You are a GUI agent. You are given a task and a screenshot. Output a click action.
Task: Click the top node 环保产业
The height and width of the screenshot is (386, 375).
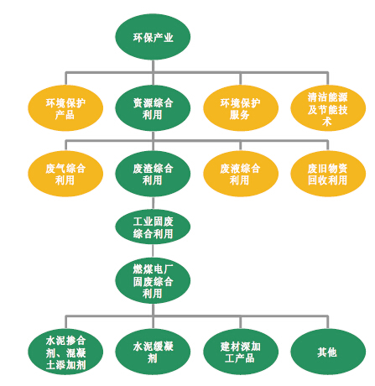[x=153, y=37]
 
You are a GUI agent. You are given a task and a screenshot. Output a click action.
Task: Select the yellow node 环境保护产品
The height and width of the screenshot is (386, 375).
[x=65, y=108]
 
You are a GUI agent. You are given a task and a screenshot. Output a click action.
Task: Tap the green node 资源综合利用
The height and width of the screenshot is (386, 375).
[x=153, y=108]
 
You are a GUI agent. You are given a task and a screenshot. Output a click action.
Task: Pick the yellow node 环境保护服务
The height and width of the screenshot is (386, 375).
[x=241, y=108]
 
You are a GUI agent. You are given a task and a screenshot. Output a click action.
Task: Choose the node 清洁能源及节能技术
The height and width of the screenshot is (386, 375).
[x=328, y=108]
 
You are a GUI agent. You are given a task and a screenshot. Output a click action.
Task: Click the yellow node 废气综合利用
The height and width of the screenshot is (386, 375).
[x=65, y=174]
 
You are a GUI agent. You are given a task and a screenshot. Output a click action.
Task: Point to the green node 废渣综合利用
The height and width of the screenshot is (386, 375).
[x=153, y=174]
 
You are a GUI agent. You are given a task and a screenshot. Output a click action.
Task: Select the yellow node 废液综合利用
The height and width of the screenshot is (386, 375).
[x=241, y=174]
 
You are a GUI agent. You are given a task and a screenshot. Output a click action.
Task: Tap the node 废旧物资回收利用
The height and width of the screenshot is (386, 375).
[x=328, y=174]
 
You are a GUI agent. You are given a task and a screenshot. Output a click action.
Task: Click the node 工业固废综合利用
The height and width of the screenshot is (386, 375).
[x=153, y=227]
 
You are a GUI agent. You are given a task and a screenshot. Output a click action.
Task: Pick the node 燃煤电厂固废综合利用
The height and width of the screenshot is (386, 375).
[x=153, y=280]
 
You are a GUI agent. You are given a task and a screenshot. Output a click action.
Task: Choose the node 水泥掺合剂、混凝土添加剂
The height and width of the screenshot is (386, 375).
[x=65, y=352]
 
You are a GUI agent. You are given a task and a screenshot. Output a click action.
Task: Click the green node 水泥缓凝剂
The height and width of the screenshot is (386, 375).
[x=153, y=352]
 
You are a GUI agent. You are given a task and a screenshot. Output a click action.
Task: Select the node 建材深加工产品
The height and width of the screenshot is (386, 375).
[x=241, y=352]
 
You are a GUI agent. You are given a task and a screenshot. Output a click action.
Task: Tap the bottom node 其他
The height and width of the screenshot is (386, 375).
[x=328, y=352]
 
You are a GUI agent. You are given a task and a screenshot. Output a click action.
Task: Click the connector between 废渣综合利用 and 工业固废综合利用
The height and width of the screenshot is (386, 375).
[x=153, y=203]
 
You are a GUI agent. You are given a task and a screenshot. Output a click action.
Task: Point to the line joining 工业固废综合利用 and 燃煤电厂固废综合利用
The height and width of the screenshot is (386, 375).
[x=153, y=251]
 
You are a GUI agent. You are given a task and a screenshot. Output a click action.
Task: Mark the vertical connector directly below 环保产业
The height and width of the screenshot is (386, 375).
[x=153, y=66]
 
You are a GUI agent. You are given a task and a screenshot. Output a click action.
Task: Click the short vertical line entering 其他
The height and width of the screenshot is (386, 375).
[x=328, y=322]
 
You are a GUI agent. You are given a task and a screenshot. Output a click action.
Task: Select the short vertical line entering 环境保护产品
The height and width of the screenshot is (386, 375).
[x=65, y=79]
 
